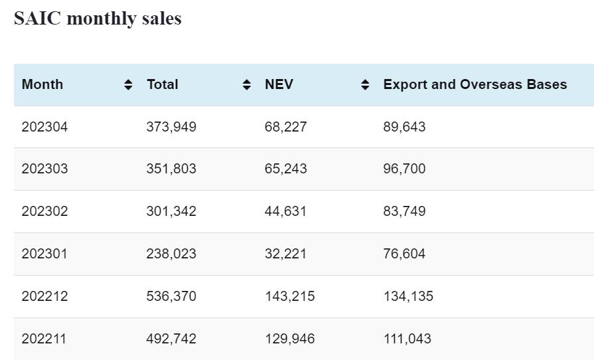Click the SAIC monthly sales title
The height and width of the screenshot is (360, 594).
(x=98, y=18)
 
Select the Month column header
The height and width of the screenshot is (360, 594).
(x=42, y=84)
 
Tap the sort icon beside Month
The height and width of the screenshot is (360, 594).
(x=128, y=84)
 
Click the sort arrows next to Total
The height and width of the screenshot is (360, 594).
(x=247, y=84)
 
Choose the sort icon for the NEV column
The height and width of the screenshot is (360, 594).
(x=365, y=84)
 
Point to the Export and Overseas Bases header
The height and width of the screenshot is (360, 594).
(x=475, y=84)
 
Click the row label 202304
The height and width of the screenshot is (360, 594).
(x=44, y=126)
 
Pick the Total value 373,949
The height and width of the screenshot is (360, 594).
(x=171, y=126)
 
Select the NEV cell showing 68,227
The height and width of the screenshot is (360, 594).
(x=285, y=126)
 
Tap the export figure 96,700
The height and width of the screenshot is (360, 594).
(x=404, y=169)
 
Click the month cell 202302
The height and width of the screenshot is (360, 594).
(x=44, y=211)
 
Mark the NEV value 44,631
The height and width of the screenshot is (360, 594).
(x=285, y=211)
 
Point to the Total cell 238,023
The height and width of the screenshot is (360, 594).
(x=171, y=254)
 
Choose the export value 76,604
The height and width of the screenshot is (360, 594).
(x=404, y=254)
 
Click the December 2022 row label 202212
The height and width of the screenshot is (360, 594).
(x=44, y=296)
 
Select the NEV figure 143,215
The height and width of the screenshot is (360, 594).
(x=289, y=296)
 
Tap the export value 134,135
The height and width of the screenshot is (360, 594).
(x=408, y=296)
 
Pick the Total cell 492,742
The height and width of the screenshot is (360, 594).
(x=171, y=339)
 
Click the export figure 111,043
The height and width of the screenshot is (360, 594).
(x=407, y=339)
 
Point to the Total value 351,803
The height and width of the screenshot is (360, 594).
(x=171, y=169)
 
